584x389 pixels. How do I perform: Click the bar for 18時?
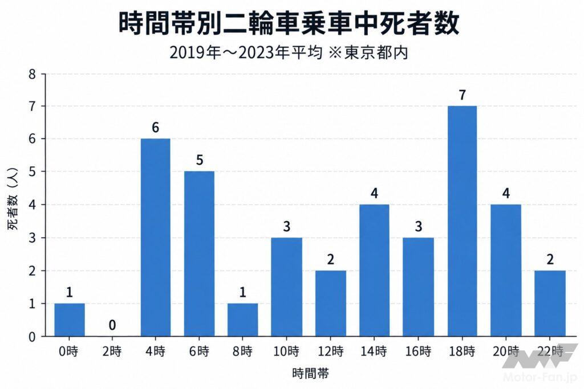point(462,221)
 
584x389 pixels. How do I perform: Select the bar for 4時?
point(155,238)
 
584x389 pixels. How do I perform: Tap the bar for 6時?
point(199,253)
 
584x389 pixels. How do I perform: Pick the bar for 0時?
point(69,320)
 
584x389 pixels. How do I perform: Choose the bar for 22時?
point(550,304)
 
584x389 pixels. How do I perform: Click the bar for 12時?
point(331,304)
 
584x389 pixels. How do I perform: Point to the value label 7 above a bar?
point(462,95)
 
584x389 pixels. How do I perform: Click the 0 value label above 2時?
point(112,325)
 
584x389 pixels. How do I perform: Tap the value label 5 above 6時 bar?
point(200,160)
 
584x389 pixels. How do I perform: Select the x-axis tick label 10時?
point(286,351)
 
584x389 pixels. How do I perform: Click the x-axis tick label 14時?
point(374,351)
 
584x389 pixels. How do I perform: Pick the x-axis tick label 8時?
point(242,351)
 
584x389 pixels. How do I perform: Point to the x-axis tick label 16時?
point(418,351)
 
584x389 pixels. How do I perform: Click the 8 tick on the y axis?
point(32,75)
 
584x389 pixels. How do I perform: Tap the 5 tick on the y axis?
point(32,172)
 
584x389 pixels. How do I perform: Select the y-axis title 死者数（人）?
point(13,199)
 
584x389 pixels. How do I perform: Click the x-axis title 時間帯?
point(311,373)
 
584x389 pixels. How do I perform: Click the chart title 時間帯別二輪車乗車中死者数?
point(289,23)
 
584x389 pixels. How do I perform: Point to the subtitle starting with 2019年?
point(289,53)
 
